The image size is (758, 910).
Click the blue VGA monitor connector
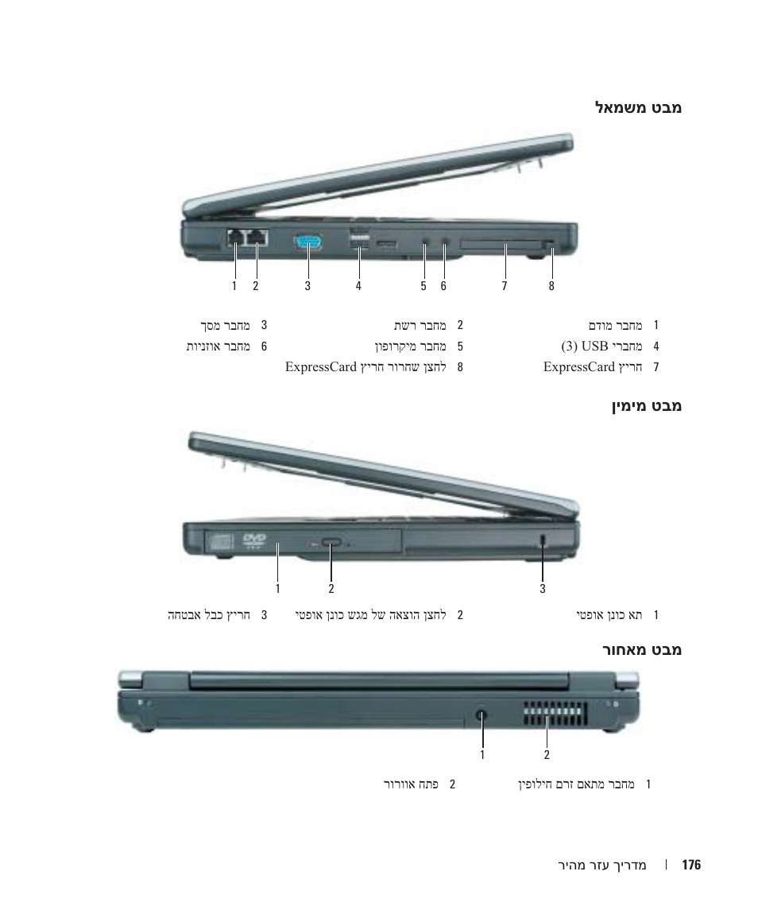click(308, 242)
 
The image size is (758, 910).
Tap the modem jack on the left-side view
click(235, 238)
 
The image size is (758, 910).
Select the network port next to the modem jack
click(257, 238)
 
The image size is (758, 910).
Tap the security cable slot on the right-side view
click(543, 539)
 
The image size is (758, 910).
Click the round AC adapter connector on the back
click(481, 715)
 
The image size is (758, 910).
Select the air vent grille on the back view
click(555, 715)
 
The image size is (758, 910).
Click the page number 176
click(691, 865)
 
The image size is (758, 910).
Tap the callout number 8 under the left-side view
click(551, 285)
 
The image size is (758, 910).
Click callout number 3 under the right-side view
click(543, 588)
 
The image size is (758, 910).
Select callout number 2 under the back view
click(547, 754)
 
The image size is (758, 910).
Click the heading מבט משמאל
click(639, 108)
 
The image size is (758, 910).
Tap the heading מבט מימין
click(646, 405)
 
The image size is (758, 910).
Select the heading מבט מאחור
click(641, 649)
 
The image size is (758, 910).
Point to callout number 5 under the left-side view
click(423, 285)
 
